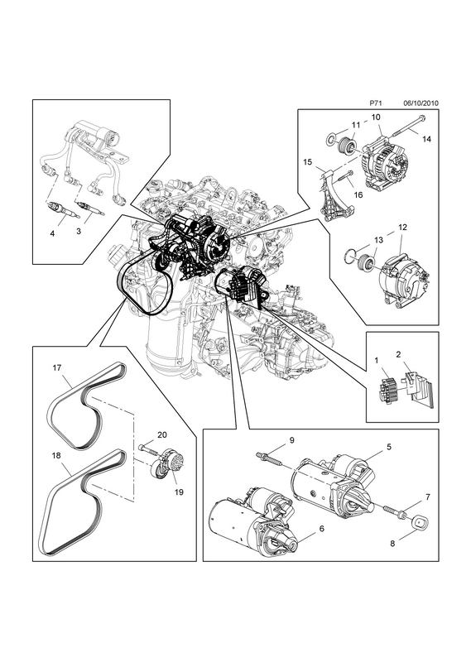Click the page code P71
376,103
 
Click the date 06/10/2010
421,103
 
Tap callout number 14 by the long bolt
426,138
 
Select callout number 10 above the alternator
376,116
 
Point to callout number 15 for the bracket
308,161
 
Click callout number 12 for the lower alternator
402,227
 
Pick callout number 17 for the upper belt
57,367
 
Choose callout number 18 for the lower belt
56,456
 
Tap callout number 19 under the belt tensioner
179,492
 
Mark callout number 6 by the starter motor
322,528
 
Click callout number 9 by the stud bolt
291,440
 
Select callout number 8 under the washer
392,544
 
